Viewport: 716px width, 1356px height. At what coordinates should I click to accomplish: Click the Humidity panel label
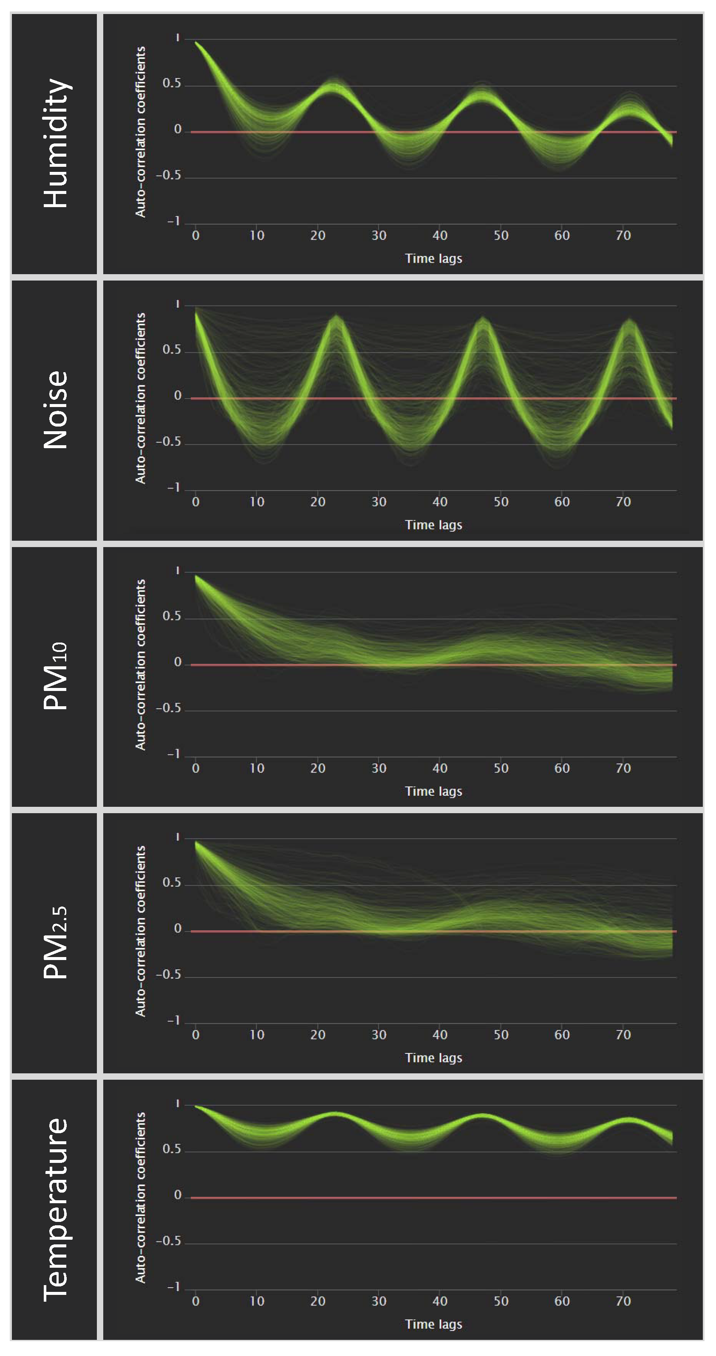click(55, 143)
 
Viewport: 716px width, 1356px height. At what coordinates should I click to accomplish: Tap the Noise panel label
click(55, 410)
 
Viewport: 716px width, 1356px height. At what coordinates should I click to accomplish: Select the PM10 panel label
click(55, 677)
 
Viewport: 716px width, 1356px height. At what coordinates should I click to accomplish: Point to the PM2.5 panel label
click(55, 943)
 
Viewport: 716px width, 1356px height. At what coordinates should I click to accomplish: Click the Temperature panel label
click(55, 1210)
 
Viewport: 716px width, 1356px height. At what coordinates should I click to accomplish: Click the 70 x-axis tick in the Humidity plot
click(623, 235)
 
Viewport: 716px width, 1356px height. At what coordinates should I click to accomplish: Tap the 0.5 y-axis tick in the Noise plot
click(171, 350)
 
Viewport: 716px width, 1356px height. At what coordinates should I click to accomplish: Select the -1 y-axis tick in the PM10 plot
click(174, 754)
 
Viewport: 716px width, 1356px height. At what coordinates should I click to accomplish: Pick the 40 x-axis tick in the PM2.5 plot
click(440, 1034)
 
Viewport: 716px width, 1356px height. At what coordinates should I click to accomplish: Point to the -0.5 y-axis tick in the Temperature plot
click(169, 1241)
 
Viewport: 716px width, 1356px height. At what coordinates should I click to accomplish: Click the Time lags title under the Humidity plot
click(433, 258)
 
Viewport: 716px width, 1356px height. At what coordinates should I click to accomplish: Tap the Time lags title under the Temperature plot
click(433, 1324)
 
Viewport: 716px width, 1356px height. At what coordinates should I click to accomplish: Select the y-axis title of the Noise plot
click(140, 399)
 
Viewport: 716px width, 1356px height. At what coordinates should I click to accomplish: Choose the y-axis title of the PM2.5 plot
click(140, 931)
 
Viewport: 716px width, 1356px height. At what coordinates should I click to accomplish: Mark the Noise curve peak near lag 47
click(483, 319)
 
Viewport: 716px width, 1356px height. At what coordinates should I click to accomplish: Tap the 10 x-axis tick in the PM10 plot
click(257, 768)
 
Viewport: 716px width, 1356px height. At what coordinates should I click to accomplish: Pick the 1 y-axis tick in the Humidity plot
click(178, 38)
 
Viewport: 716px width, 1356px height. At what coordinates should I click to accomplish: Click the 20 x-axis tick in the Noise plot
click(318, 502)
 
